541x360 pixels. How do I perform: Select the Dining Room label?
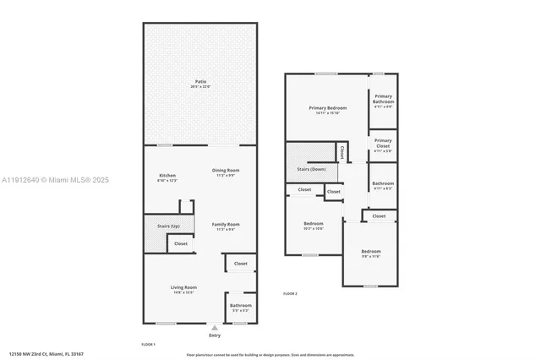tap(226, 172)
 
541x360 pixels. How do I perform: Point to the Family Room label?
tap(226, 226)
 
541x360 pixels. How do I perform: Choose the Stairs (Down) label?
tap(312, 169)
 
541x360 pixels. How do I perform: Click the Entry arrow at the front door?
tap(215, 328)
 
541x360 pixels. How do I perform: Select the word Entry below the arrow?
tap(215, 335)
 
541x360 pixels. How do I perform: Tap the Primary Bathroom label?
tap(383, 100)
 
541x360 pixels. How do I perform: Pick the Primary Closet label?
tap(383, 143)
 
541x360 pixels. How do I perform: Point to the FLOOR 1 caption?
tap(148, 344)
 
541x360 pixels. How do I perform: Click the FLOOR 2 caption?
tap(290, 293)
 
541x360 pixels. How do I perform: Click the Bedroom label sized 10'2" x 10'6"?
tap(314, 226)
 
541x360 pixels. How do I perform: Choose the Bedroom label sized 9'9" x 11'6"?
tap(371, 253)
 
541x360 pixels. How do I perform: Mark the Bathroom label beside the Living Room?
tap(240, 307)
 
